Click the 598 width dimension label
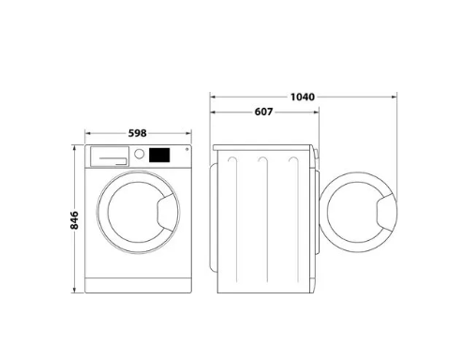137,133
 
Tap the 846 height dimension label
74,220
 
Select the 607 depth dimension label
263,112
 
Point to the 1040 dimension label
303,97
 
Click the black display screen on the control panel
159,155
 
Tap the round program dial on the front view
139,154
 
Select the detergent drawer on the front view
110,157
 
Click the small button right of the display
186,149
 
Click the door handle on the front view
168,212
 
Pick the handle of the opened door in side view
387,212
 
